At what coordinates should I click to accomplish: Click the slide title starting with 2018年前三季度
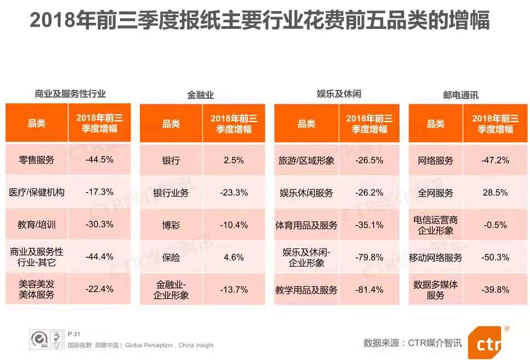pos(259,21)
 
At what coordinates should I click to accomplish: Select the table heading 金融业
pos(201,95)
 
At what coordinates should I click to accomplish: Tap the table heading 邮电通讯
pos(461,95)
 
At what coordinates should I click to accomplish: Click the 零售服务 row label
pos(37,160)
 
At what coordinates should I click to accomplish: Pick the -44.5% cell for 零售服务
pos(99,159)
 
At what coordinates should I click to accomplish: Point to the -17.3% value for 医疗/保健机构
pos(99,192)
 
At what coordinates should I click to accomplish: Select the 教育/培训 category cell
pos(37,224)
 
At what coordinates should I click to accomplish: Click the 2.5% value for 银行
pos(234,160)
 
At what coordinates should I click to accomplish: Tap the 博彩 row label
pos(171,225)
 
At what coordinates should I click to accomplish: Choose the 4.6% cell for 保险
pos(234,257)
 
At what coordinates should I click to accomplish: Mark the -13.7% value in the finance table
pos(234,289)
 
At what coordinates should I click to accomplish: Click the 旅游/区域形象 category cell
pos(306,161)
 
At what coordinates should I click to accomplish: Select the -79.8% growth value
pos(369,257)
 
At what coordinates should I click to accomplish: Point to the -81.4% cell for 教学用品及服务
pos(369,289)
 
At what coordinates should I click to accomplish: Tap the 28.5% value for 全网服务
pos(496,192)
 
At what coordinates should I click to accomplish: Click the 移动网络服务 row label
pos(436,258)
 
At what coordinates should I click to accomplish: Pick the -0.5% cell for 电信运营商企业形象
pos(496,224)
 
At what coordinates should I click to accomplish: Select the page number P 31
pos(74,334)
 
